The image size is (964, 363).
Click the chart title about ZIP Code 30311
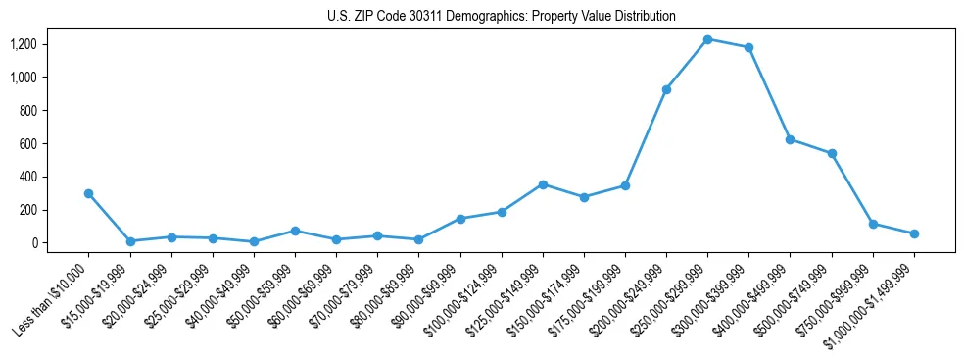(501, 17)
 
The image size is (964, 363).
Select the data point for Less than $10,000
(89, 193)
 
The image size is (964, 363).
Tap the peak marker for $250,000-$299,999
(707, 39)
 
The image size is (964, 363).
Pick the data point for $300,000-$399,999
(748, 47)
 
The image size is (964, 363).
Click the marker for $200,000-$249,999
(666, 89)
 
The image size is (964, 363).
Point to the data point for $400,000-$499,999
(790, 139)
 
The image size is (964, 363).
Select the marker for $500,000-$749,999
(832, 153)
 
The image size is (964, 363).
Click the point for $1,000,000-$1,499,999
(914, 233)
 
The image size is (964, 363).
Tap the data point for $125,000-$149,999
(543, 184)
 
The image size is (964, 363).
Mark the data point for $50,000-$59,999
(295, 231)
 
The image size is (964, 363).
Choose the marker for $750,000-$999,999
(873, 224)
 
